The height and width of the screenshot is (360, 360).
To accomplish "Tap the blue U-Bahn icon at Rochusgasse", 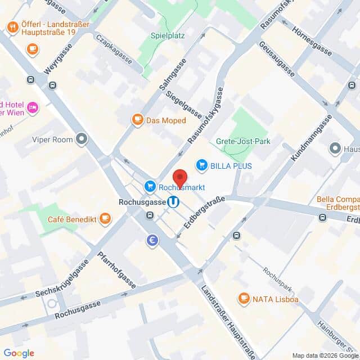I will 174,201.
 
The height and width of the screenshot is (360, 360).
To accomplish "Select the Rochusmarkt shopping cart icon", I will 150,186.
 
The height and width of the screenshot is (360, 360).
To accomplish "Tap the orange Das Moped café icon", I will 137,120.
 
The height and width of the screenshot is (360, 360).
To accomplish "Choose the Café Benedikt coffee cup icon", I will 105,219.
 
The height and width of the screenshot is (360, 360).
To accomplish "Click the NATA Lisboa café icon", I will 244,298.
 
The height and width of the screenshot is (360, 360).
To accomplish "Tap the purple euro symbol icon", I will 152,241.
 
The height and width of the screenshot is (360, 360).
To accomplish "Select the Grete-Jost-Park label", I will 243,141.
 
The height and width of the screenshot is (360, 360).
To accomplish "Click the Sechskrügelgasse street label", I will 61,278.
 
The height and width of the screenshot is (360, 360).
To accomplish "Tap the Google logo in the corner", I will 19,353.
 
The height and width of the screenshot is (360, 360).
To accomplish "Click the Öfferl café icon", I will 12,27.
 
